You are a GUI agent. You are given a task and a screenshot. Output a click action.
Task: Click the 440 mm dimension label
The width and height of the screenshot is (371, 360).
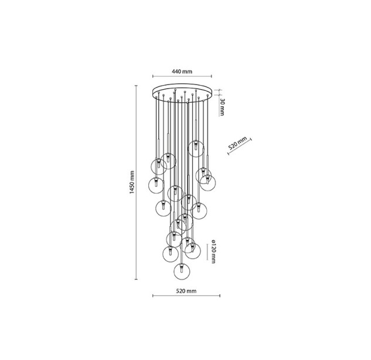182,72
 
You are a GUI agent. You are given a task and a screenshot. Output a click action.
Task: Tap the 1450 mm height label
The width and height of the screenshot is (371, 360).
132,182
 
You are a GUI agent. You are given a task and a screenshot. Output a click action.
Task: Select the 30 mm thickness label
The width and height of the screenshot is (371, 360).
222,107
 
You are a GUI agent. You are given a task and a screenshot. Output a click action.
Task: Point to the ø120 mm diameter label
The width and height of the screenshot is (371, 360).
213,252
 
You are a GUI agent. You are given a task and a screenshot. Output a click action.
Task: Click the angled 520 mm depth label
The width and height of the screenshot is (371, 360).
237,143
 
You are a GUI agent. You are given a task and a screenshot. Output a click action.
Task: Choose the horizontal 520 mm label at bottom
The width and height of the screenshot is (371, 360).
186,291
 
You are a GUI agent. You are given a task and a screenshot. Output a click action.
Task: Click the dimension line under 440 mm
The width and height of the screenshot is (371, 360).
182,76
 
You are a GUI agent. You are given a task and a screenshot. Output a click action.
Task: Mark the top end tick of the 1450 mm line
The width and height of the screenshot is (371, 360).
136,86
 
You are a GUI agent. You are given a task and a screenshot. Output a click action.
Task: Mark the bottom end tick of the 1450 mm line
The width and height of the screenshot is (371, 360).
136,280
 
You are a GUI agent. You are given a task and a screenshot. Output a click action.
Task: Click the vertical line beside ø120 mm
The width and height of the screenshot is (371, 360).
207,252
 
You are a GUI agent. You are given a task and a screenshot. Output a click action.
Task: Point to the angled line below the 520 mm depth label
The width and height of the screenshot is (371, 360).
240,147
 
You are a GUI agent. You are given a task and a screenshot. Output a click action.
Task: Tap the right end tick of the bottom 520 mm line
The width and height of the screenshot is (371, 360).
220,296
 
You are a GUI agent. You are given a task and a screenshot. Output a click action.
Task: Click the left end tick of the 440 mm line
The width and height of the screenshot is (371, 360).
153,76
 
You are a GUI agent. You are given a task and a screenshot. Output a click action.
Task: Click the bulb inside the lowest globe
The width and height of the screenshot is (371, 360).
182,269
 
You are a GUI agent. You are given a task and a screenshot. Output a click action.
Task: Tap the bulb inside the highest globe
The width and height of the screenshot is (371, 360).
196,145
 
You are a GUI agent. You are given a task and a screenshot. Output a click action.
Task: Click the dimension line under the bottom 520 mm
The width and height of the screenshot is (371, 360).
186,296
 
